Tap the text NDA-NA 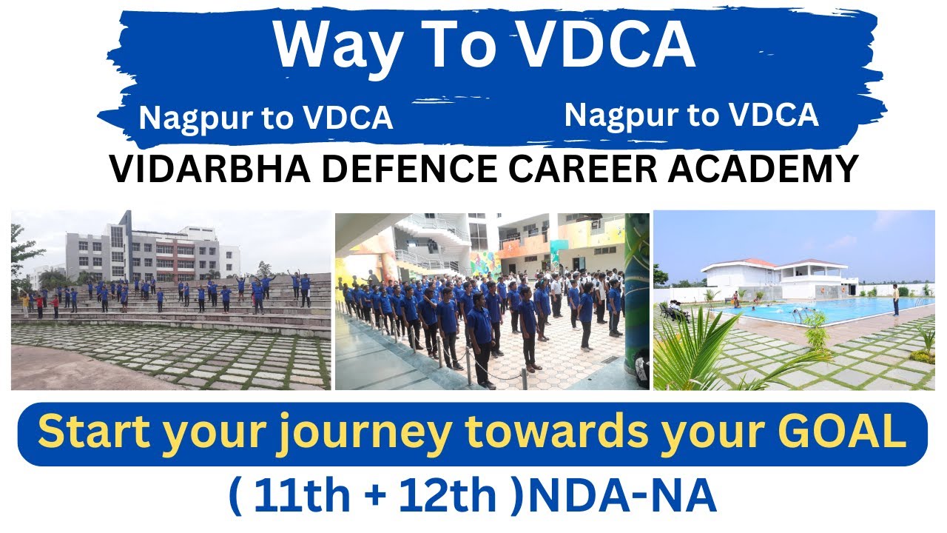coord(621,498)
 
